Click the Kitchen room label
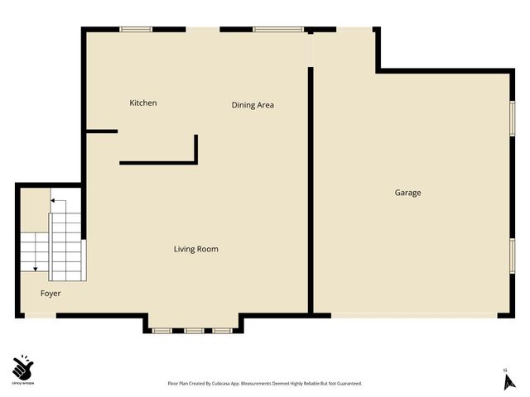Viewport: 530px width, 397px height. [x=143, y=103]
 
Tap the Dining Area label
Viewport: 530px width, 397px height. [x=253, y=105]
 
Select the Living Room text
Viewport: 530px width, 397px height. [x=196, y=249]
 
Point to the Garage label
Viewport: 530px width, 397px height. [x=407, y=193]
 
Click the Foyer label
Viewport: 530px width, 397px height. [x=51, y=294]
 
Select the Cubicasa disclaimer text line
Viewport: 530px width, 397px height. [x=265, y=384]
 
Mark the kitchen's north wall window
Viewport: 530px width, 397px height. [x=136, y=30]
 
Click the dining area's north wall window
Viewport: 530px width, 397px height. [x=270, y=30]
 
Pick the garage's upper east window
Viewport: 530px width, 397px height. [x=513, y=117]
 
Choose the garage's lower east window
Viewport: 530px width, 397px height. [x=513, y=255]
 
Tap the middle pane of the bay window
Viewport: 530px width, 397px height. [x=194, y=331]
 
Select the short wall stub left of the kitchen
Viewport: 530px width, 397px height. [x=102, y=132]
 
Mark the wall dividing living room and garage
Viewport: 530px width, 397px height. [x=311, y=190]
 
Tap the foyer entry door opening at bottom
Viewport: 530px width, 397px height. [x=41, y=315]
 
